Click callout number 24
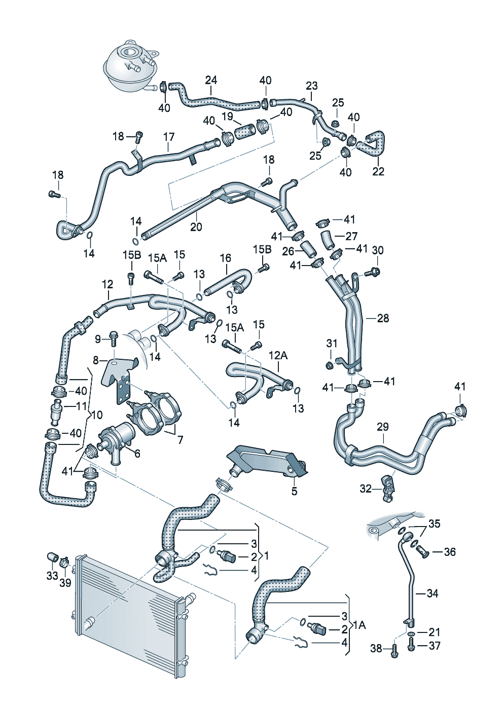point(211,80)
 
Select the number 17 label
point(169,137)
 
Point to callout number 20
point(196,227)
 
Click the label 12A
point(278,356)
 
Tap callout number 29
point(383,427)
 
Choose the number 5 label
point(294,491)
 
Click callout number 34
point(432,593)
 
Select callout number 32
point(366,489)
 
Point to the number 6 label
point(137,454)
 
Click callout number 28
point(383,318)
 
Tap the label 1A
point(360,625)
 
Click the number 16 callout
point(226,258)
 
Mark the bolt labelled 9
point(114,339)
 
